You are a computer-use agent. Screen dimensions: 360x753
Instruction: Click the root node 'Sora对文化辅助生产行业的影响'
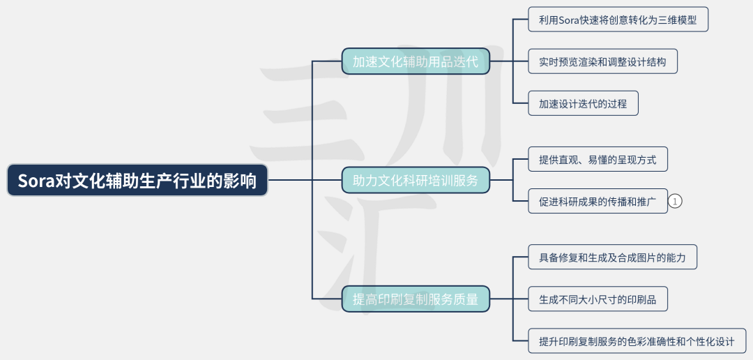click(137, 181)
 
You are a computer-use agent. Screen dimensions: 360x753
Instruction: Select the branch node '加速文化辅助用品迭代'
click(416, 61)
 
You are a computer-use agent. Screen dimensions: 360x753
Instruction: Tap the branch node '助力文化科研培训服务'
click(416, 181)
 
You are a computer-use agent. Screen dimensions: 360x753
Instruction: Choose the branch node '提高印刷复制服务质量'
click(416, 299)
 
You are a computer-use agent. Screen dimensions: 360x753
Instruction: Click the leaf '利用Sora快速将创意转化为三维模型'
click(617, 20)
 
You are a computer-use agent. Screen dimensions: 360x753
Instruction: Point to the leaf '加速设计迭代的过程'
click(583, 104)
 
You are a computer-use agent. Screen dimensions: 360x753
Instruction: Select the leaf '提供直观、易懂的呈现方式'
click(598, 160)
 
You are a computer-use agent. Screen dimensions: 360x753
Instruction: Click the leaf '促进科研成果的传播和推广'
click(598, 202)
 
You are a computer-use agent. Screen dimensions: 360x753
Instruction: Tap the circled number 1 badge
click(675, 202)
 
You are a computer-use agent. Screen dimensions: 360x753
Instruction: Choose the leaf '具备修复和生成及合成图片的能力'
click(612, 257)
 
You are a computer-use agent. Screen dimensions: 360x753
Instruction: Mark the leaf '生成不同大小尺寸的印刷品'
click(598, 300)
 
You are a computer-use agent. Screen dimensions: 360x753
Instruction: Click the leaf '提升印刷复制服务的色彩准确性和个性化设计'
click(637, 342)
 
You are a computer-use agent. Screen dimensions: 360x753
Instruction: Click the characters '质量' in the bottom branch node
click(468, 299)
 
